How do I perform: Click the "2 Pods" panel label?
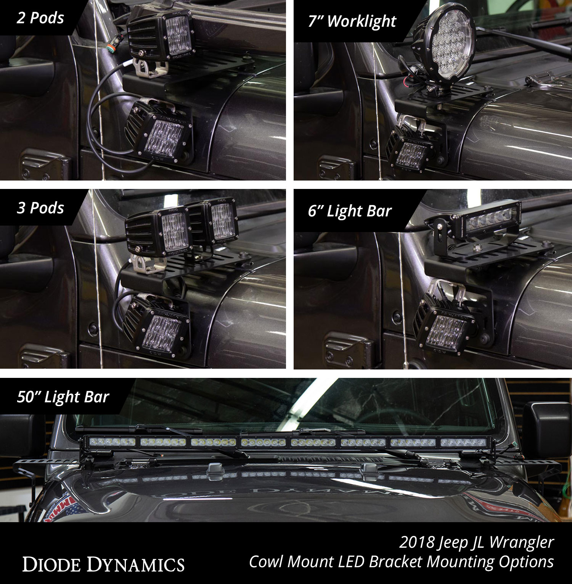pyautogui.click(x=40, y=18)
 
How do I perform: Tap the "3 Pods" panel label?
pyautogui.click(x=40, y=208)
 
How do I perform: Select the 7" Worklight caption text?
pyautogui.click(x=352, y=21)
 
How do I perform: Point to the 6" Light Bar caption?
pyautogui.click(x=350, y=211)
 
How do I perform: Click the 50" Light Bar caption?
pyautogui.click(x=63, y=397)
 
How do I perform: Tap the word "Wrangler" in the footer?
pyautogui.click(x=521, y=542)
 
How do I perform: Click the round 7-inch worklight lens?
pyautogui.click(x=452, y=52)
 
